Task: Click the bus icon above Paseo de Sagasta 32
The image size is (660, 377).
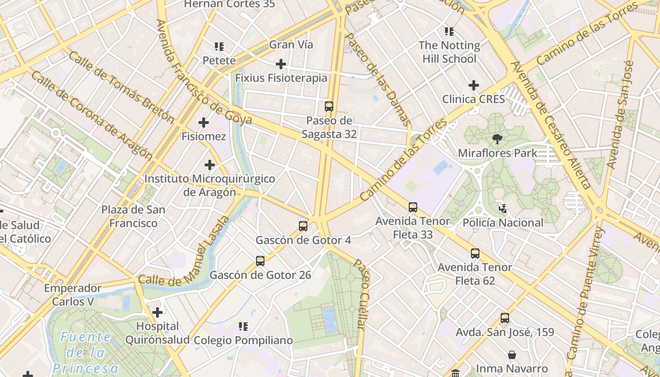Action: pos(329,107)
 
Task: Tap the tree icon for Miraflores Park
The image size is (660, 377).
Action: pos(497,139)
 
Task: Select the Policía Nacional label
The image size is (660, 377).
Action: pos(503,222)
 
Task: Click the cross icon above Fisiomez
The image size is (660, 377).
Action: pos(204,123)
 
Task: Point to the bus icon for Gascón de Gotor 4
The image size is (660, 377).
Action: pos(303,226)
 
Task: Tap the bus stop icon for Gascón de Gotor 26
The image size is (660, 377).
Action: pos(260,261)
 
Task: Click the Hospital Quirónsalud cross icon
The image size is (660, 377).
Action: pos(157,312)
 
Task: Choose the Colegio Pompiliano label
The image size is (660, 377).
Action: pos(243,340)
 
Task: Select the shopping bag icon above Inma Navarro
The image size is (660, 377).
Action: pos(512,354)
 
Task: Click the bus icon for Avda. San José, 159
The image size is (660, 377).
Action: pos(505,318)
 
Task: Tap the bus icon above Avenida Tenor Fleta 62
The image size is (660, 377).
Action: pos(475,253)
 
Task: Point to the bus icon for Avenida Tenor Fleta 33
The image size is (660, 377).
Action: pos(413,207)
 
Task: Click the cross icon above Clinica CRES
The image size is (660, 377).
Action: pos(474,85)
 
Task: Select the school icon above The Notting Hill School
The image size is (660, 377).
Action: pos(449,32)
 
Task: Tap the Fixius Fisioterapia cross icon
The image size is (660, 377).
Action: pos(281,64)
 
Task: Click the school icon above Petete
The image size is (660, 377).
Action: pos(219,46)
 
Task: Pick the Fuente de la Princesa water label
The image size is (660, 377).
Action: pos(86,352)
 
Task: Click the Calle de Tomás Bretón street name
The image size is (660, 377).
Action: pos(121,87)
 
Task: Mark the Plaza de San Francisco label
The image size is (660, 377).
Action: pos(133,216)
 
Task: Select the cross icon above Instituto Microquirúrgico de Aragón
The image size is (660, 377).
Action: pos(210,165)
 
